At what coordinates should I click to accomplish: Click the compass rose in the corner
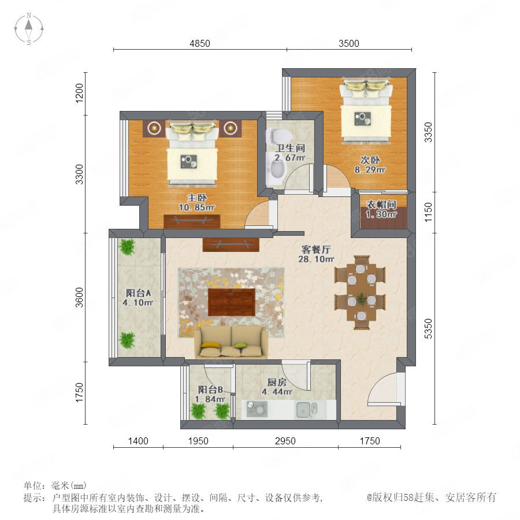pos(29,28)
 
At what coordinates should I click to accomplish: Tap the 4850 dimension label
pos(200,43)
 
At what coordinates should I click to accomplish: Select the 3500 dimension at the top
pos(349,43)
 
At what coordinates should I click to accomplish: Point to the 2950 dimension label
pos(285,441)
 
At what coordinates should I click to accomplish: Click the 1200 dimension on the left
pos(79,93)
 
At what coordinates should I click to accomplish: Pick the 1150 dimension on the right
pos(429,212)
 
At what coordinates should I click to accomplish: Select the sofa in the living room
pos(231,342)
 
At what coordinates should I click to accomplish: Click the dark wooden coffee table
pos(232,302)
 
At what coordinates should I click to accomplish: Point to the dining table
pos(361,292)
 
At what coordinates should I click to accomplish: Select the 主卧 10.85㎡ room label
pos(196,203)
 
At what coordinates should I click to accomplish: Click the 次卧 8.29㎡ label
pos(370,165)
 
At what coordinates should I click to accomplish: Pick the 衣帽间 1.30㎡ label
pos(381,209)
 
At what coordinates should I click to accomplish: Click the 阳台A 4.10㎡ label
pos(138,298)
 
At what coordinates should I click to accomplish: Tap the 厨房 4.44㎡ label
pos(277,387)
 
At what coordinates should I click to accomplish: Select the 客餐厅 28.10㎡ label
pos(316,254)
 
